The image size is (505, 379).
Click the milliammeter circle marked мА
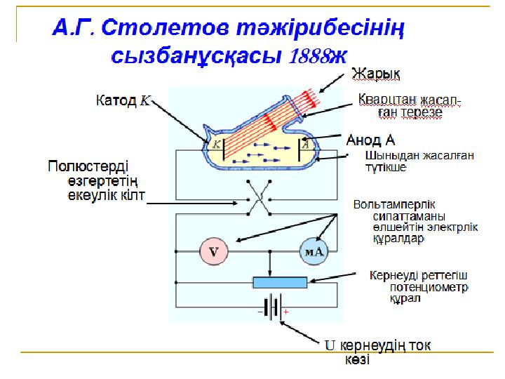[313, 252]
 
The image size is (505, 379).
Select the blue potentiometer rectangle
[279, 282]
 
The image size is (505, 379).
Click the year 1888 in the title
[309, 58]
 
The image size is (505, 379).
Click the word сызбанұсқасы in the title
[198, 56]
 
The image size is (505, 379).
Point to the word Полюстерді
[88, 166]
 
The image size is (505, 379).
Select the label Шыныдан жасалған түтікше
[398, 162]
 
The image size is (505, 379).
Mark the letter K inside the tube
[217, 145]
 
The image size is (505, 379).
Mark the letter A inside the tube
[307, 145]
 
